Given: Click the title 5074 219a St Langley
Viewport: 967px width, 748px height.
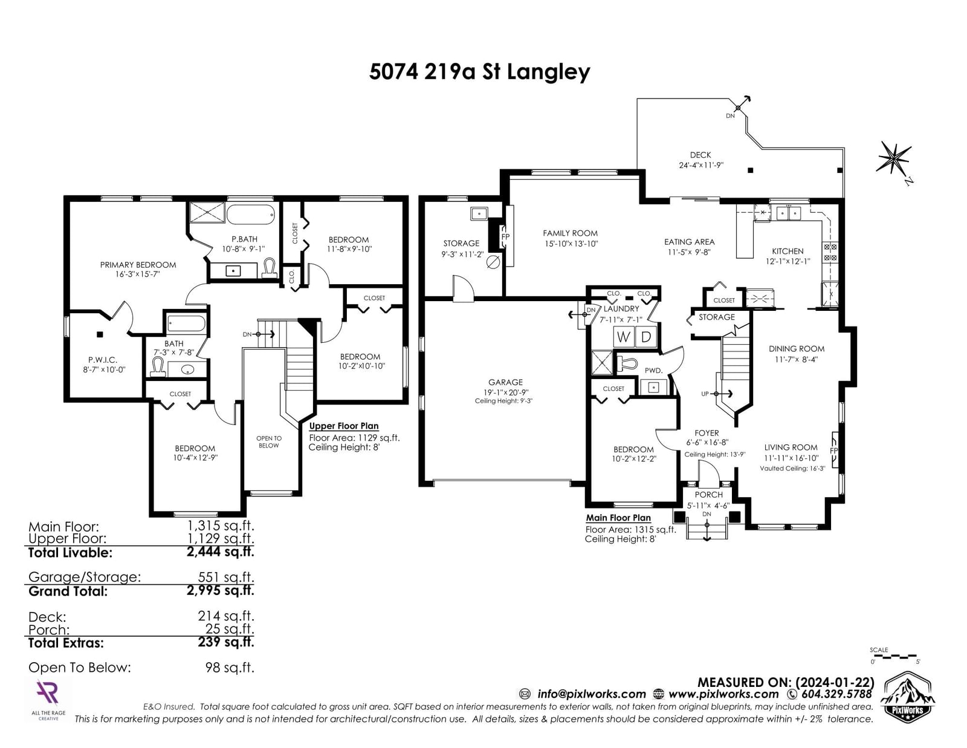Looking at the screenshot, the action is pos(479,72).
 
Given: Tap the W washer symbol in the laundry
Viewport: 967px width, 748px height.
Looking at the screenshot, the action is pos(623,337).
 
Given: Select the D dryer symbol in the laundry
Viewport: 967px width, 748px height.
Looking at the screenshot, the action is pos(645,337).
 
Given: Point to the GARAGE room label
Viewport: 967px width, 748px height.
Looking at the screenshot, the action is pos(505,382).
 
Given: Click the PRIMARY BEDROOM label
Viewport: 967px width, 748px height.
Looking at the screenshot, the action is pos(138,265).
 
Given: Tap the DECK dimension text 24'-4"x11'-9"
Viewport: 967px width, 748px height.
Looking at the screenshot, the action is pos(701,165).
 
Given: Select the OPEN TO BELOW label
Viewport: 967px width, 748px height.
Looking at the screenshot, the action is pos(269,441).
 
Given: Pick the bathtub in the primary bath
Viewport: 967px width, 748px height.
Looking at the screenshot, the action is pos(251,215).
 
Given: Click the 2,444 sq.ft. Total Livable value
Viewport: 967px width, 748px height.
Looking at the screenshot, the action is pos(220,552).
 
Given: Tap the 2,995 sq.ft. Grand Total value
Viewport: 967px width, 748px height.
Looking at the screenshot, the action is pos(220,591).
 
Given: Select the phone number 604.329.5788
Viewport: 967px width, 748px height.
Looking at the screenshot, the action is pos(836,694).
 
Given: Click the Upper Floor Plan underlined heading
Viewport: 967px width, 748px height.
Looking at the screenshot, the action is pos(344,426).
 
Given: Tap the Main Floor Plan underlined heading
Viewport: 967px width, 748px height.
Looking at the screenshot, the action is pos(618,518).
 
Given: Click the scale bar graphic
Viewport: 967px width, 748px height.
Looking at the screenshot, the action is pos(893,656).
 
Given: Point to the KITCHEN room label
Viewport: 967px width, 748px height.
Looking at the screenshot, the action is pos(788,251).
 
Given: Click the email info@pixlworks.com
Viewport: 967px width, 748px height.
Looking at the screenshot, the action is pos(592,694).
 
